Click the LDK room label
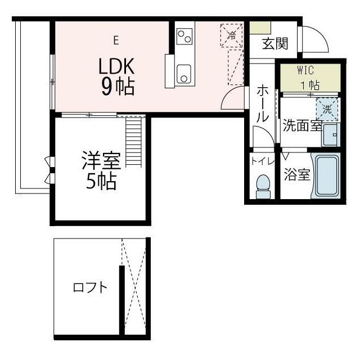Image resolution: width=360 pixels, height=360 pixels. click(x=116, y=67)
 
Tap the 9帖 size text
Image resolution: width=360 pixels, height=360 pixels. click(x=117, y=87)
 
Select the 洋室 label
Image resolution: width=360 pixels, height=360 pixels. click(x=101, y=162)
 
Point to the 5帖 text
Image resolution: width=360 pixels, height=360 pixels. click(x=101, y=182)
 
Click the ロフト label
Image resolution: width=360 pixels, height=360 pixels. click(x=90, y=288)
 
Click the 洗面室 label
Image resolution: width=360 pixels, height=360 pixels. click(x=302, y=125)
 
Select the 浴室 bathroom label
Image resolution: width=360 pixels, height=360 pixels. click(x=296, y=174)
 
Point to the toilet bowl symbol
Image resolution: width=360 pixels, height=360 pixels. click(x=263, y=185)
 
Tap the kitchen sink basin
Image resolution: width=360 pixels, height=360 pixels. click(x=184, y=74)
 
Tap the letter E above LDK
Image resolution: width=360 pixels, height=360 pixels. click(x=116, y=40)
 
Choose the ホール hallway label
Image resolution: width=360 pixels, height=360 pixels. click(x=262, y=105)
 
